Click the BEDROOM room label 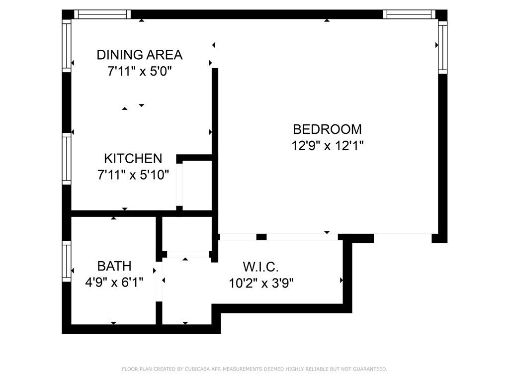coord(327,129)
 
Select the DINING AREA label coord(139,55)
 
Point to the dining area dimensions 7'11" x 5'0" coord(139,72)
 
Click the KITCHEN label coord(133,159)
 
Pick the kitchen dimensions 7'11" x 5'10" coord(133,175)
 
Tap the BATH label coord(114,266)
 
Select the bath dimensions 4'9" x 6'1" coord(114,283)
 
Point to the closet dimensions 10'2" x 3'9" coord(261,283)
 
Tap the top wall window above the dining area coord(102,14)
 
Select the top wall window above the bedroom coord(409,14)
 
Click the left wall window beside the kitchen coord(66,159)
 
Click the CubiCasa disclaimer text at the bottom coord(254,369)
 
